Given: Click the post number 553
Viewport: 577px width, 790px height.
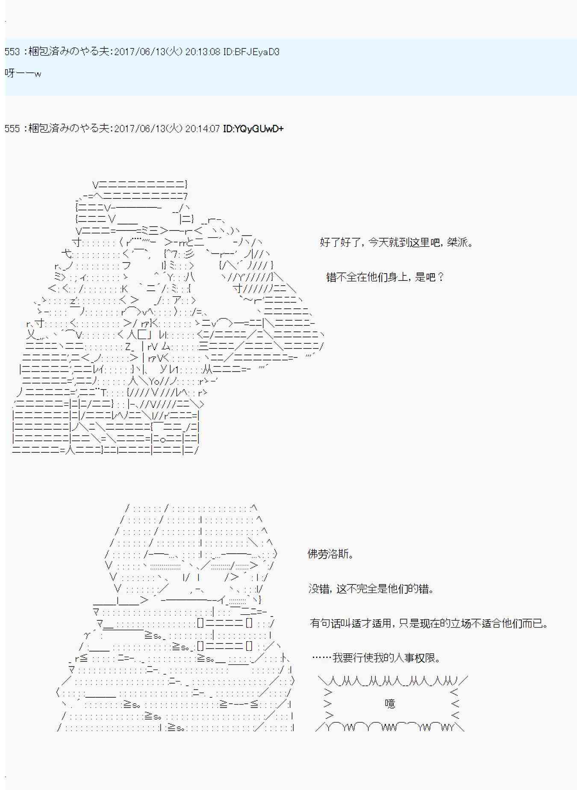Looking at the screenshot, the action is (x=12, y=52).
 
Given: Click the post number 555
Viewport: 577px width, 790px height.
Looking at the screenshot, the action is (x=12, y=129).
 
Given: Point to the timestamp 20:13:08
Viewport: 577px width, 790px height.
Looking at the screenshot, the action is (x=203, y=52).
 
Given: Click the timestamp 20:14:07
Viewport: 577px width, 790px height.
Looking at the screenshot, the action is (x=203, y=129).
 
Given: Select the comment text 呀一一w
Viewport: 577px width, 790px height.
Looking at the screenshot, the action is (x=23, y=73).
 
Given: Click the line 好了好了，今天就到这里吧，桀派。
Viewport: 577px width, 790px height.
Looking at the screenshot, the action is (x=397, y=243).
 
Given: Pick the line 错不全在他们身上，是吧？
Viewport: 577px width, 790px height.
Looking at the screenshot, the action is (x=386, y=277).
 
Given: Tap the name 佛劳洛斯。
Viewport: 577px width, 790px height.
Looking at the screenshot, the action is (x=331, y=554).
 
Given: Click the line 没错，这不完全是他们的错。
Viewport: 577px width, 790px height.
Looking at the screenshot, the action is (x=372, y=589).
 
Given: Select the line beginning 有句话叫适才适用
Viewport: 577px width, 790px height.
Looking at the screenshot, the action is (x=429, y=623).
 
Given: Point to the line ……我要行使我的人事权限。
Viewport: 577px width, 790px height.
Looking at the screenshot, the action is (x=376, y=657).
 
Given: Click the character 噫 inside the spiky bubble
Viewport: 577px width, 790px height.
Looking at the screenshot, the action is (x=390, y=704).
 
